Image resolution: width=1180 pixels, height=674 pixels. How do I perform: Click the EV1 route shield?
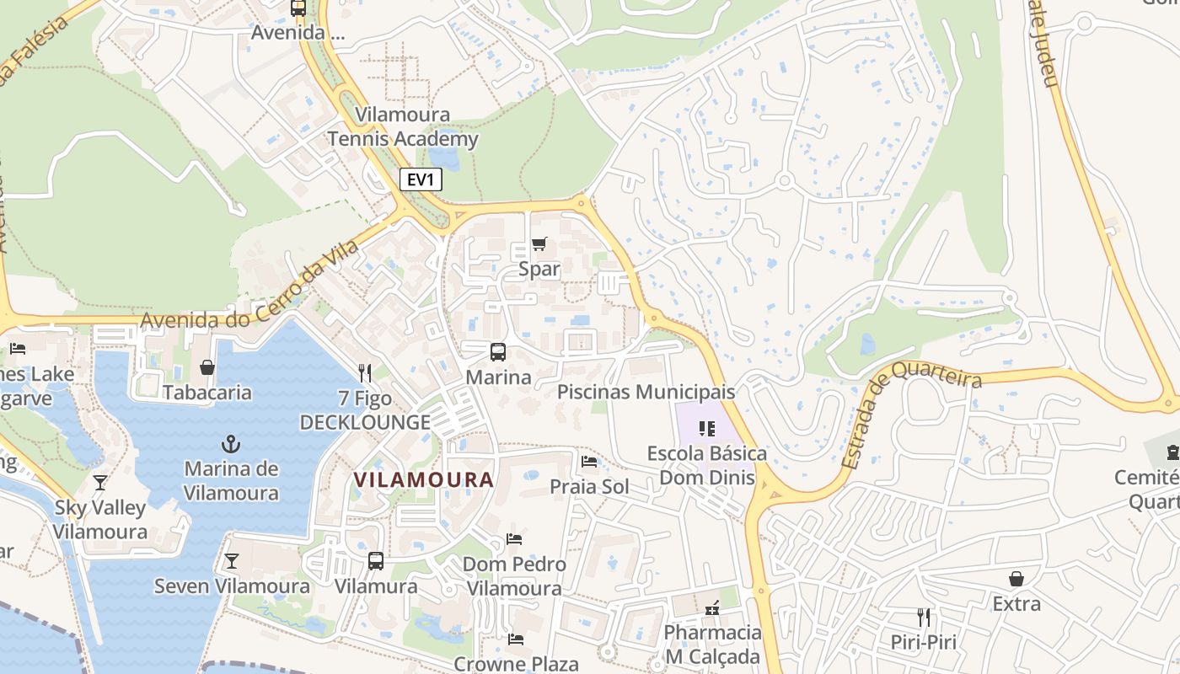tap(420, 179)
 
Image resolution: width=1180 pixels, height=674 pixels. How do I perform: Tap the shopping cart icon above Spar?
tap(539, 244)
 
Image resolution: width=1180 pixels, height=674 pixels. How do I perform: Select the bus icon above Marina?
tap(498, 352)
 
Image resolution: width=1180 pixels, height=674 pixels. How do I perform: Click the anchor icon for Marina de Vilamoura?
tap(230, 443)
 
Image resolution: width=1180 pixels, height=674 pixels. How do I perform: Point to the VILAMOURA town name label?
tap(423, 480)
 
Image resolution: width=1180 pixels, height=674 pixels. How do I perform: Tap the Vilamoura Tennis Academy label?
tap(403, 127)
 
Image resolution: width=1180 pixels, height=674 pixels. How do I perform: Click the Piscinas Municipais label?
tap(646, 392)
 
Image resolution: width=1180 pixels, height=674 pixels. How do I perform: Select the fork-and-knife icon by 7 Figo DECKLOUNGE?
tap(365, 372)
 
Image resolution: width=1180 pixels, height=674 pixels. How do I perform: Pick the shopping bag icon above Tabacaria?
tap(207, 367)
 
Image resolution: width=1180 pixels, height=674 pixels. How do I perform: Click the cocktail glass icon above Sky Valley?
tap(100, 483)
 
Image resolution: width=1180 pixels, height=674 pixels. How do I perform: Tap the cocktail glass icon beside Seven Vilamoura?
tap(231, 561)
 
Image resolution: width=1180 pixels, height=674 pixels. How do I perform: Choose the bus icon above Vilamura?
tap(376, 560)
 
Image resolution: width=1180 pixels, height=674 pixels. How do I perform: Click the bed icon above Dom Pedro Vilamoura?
tap(514, 539)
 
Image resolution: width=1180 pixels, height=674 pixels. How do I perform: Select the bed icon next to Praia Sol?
tap(589, 462)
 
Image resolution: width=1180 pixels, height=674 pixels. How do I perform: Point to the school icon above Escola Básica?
tap(707, 429)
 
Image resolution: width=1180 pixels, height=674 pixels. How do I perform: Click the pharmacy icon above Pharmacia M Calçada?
tap(712, 607)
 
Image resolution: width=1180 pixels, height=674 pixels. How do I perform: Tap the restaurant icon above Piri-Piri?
tap(924, 617)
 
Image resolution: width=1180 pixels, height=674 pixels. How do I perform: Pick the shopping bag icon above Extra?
tap(1016, 579)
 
